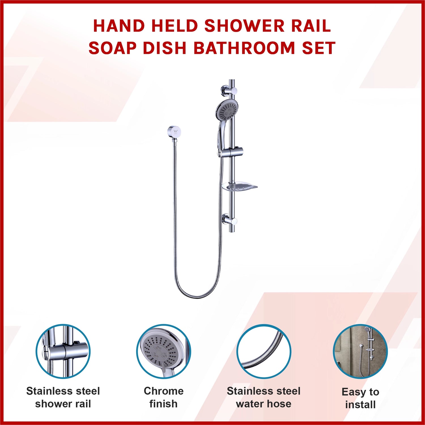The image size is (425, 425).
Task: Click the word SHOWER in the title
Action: (x=244, y=26)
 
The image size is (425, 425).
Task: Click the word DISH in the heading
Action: (x=164, y=48)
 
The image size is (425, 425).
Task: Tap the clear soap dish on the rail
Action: (x=239, y=187)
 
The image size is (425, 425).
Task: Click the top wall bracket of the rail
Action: (x=229, y=91)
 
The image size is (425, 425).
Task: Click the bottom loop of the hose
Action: (x=198, y=295)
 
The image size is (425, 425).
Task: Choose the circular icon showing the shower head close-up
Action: (x=164, y=351)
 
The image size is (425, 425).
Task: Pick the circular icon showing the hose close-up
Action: (x=264, y=351)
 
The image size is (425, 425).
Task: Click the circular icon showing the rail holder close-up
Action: (x=63, y=351)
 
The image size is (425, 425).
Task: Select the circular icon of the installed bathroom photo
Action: (x=360, y=351)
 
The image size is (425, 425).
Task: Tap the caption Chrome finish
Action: (x=163, y=397)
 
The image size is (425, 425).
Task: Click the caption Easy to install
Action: (x=360, y=398)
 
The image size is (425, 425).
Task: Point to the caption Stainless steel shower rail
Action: (x=63, y=397)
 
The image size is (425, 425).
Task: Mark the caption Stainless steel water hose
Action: (x=263, y=397)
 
